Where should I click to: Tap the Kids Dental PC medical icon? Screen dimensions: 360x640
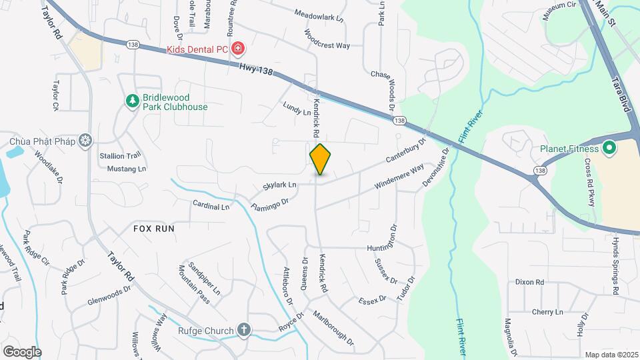237,49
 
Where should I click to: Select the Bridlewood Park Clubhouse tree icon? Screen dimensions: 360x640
133,101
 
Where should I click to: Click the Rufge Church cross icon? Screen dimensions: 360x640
244,330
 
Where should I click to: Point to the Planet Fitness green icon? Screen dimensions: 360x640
608,147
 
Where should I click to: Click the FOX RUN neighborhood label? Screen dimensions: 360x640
153,228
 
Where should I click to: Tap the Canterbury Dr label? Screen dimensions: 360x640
405,152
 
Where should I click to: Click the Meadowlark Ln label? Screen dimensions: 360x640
319,13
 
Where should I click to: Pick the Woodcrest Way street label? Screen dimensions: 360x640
327,39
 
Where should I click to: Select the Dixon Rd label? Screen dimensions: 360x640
529,282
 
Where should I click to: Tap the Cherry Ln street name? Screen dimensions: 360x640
547,312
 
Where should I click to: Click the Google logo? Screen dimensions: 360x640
22,351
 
